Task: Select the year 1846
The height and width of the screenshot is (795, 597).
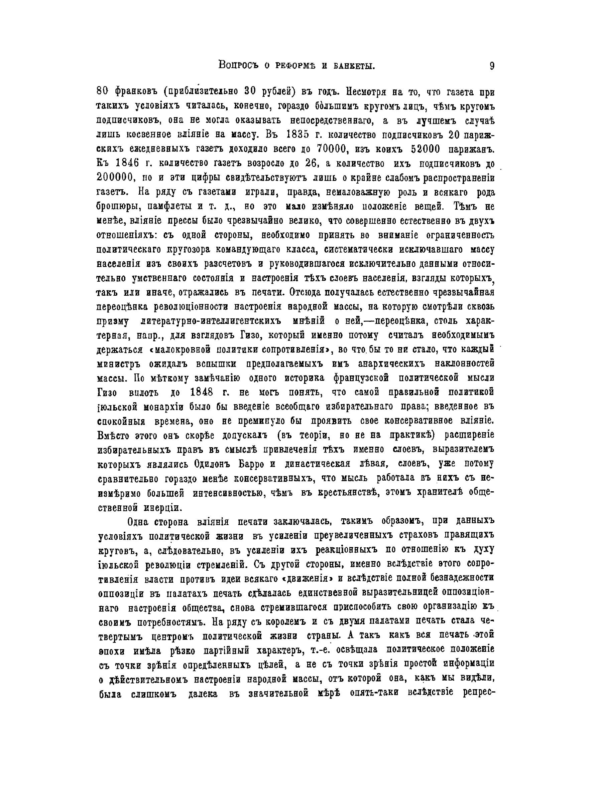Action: [127, 163]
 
